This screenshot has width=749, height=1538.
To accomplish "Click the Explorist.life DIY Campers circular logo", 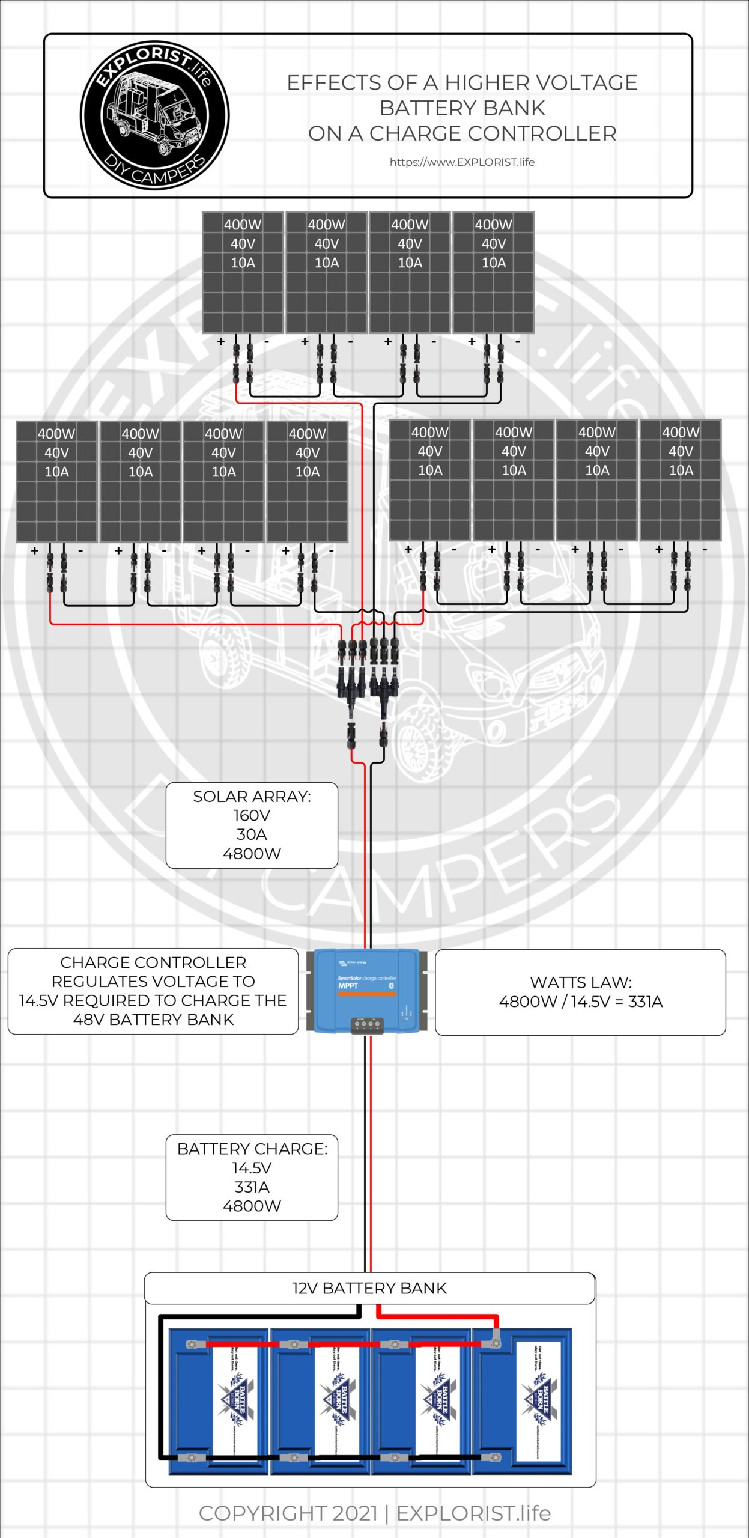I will point(154,115).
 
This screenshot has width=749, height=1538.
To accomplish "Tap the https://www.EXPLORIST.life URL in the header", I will point(461,162).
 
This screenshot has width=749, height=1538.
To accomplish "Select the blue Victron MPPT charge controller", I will point(366,991).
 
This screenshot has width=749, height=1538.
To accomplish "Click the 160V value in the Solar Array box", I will point(252,815).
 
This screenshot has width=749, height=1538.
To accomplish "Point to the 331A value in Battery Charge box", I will point(252,1187).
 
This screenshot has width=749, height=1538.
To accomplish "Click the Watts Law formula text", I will point(580,1002).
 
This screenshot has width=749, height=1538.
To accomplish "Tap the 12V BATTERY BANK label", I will point(369,1288).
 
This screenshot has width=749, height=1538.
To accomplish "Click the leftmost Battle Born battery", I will point(218,1400).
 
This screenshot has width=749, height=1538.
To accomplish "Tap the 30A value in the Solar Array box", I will point(252,834).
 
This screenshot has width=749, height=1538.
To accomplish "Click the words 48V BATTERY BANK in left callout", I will point(153,1019).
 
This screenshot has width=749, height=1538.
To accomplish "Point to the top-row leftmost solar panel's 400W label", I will point(242,225).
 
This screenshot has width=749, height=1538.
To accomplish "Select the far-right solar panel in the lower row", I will point(680,481).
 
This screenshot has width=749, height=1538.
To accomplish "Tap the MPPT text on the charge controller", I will point(348,985).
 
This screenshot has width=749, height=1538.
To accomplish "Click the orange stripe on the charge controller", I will point(366,994).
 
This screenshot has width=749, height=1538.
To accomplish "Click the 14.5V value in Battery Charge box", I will point(252,1168).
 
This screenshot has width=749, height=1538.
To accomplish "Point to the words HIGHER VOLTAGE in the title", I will point(541,83).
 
